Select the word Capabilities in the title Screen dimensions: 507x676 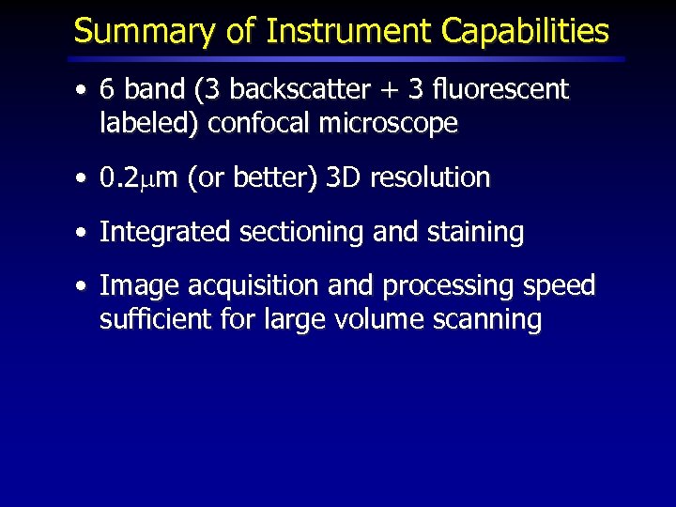(525, 32)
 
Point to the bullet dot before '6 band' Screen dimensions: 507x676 (84, 91)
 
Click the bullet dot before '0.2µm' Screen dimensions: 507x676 (84, 178)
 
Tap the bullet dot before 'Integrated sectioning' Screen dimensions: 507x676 (84, 233)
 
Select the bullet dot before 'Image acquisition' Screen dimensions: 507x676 (84, 286)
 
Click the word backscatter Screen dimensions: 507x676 (287, 90)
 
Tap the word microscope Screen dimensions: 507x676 (388, 124)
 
